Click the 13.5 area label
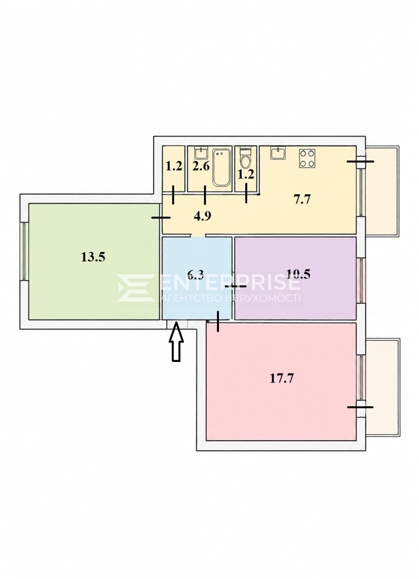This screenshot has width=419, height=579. [93, 257]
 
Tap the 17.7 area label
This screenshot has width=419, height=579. [282, 378]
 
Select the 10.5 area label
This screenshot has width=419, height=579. [298, 274]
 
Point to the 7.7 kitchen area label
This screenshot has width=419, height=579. [302, 199]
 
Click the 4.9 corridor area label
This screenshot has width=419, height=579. [203, 216]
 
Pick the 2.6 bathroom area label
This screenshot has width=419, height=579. [201, 166]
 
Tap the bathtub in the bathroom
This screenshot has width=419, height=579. [221, 168]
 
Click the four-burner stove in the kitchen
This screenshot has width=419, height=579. [307, 158]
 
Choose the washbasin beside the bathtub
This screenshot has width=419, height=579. [201, 153]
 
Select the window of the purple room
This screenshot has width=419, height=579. [361, 280]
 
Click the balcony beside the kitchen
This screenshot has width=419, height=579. [382, 191]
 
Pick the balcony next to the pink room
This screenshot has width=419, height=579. [383, 387]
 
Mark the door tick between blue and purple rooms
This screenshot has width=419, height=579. [236, 286]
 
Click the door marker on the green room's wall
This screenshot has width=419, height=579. [161, 218]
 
